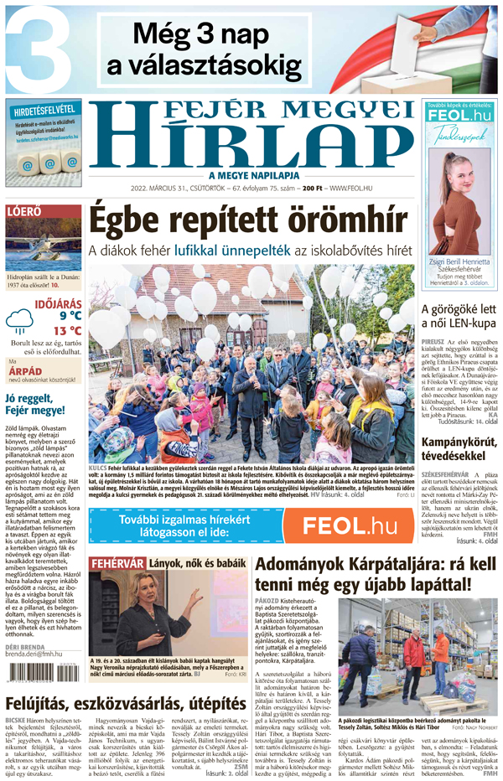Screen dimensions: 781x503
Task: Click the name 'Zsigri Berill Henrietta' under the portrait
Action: [459, 262]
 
